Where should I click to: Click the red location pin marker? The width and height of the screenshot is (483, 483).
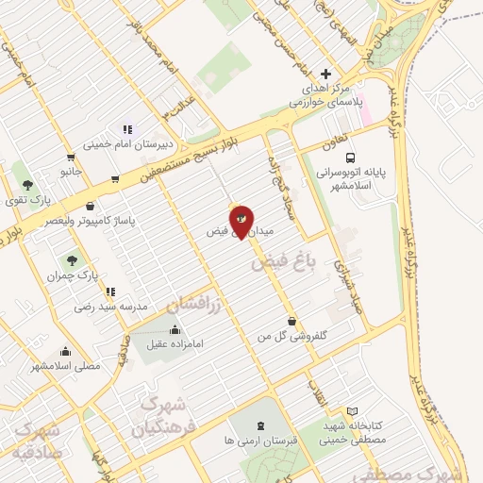241,221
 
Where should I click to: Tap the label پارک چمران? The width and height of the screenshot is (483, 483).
75,275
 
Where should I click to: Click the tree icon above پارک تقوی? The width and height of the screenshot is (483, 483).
26,184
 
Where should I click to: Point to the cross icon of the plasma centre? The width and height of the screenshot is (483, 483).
326,74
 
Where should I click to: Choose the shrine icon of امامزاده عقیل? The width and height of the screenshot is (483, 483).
175,330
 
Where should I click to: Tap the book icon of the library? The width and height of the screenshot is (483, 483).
353,411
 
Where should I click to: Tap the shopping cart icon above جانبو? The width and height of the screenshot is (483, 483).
71,158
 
